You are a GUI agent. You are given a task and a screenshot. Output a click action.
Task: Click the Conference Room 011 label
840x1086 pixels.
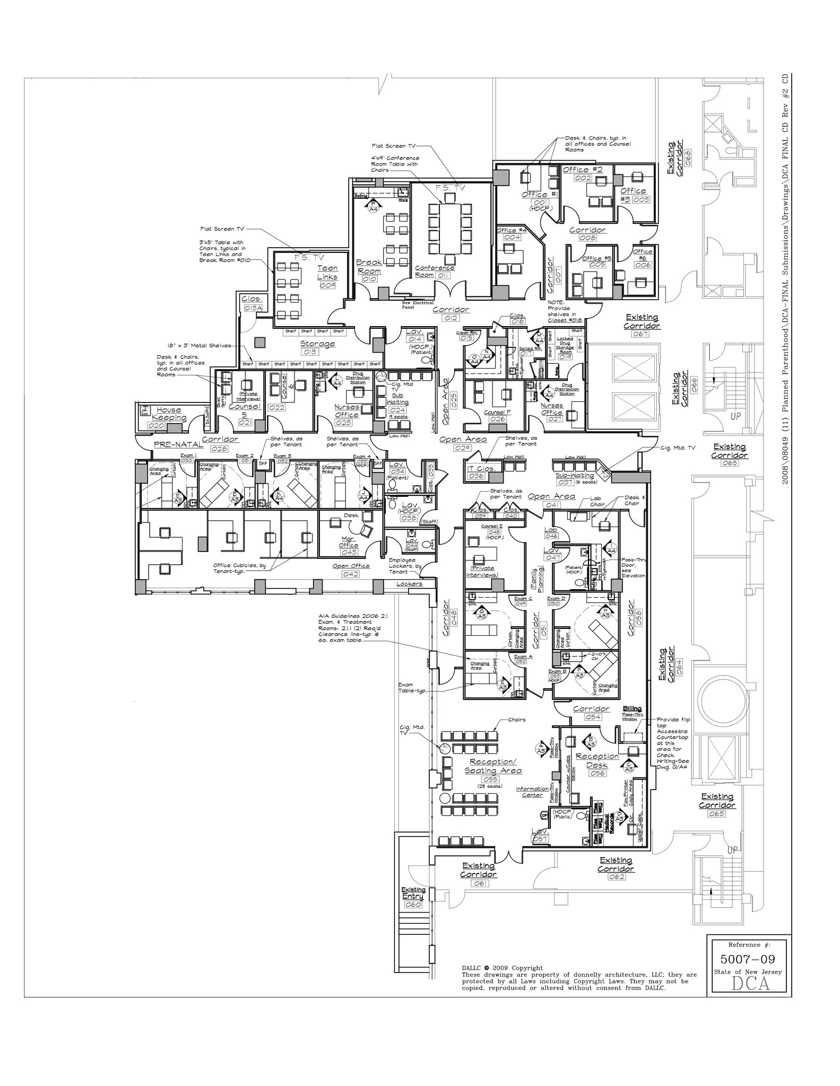click(x=434, y=271)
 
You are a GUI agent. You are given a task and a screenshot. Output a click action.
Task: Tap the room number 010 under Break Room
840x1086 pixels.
click(x=369, y=279)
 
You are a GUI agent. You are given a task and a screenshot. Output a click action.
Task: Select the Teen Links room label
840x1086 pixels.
click(x=327, y=273)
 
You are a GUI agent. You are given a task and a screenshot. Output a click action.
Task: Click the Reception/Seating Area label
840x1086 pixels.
click(x=493, y=766)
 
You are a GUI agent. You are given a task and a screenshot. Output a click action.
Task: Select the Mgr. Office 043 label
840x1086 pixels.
click(x=349, y=542)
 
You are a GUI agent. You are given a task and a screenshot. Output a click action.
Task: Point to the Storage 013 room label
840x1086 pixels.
click(x=318, y=344)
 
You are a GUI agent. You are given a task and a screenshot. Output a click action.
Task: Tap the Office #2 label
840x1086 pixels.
click(x=582, y=170)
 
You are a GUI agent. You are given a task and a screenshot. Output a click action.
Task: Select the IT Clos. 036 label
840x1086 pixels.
click(x=481, y=469)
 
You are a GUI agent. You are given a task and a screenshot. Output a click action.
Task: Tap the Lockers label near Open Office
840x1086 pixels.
click(x=410, y=584)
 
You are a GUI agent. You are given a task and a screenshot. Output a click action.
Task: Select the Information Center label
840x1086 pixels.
click(x=532, y=792)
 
